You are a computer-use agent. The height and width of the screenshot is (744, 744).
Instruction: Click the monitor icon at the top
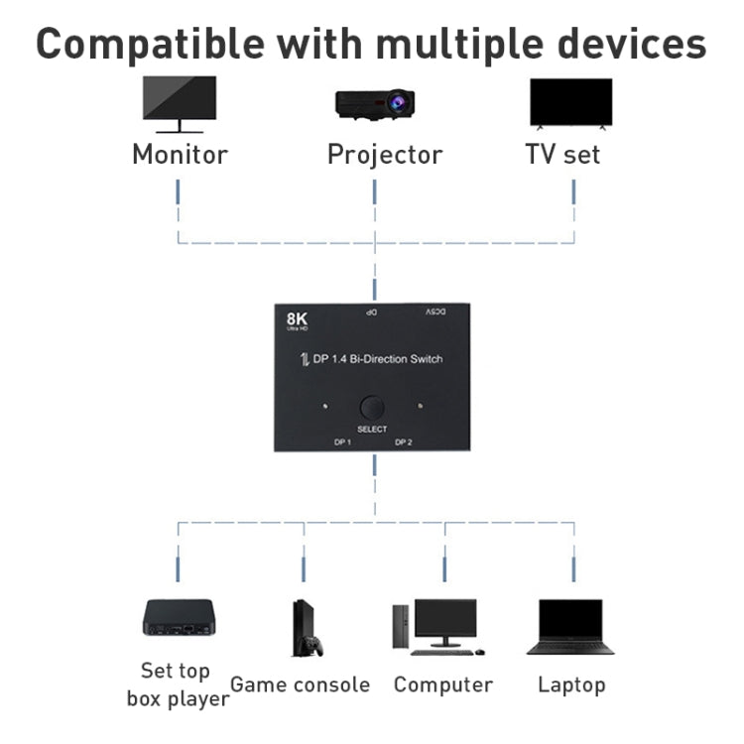tap(180, 104)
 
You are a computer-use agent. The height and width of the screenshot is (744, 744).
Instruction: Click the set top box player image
tap(179, 617)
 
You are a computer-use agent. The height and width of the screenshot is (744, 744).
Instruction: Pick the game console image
tap(306, 627)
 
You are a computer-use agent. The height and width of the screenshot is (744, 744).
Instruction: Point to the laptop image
tap(569, 626)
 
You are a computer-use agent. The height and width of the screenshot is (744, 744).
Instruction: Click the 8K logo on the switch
tap(296, 320)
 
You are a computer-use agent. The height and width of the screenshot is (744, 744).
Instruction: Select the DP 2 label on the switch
tap(404, 442)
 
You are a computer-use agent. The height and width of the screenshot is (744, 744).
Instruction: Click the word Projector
tap(385, 155)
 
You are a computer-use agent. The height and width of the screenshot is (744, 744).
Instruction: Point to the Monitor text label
tap(180, 155)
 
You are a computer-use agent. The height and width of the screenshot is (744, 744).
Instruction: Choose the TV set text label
tap(562, 155)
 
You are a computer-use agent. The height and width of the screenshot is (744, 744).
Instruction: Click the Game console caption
tap(300, 684)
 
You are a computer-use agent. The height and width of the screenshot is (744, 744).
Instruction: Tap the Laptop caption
tap(571, 684)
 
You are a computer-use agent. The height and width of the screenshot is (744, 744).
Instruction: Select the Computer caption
tap(442, 684)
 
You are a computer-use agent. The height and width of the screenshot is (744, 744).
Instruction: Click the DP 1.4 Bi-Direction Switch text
tap(377, 359)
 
